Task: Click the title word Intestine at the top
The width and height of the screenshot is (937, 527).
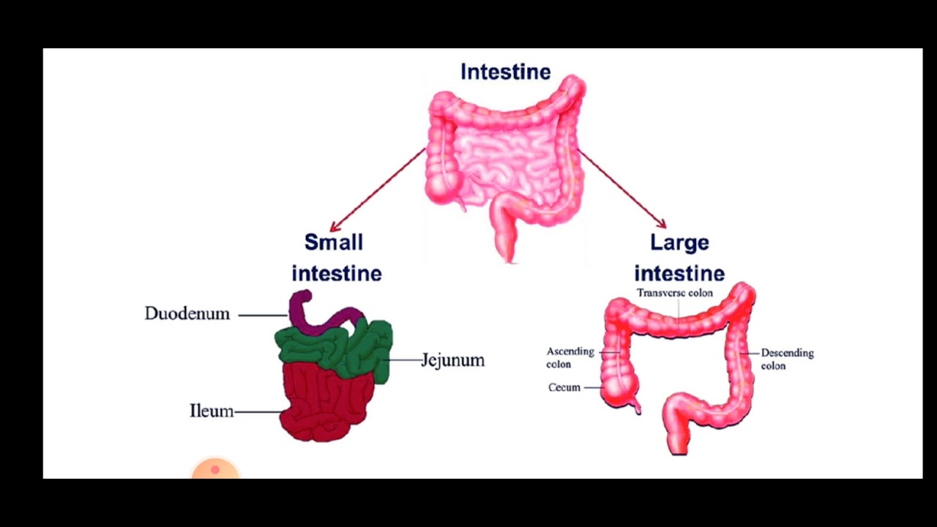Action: [505, 72]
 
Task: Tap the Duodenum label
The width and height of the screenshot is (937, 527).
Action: [187, 314]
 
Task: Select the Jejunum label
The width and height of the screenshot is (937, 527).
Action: [452, 360]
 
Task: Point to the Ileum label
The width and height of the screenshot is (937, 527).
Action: [212, 411]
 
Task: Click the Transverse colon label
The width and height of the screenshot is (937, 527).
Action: [674, 293]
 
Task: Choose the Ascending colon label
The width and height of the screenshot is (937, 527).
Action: [570, 357]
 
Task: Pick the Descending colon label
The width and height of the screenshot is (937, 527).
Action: [787, 359]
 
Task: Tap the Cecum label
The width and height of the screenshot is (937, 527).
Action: [564, 387]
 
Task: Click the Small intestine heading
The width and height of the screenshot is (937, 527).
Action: [336, 258]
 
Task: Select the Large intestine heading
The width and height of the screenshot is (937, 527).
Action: [679, 258]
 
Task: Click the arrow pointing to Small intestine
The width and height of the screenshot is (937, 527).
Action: [377, 189]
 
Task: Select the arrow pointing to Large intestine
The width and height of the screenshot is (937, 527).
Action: [622, 189]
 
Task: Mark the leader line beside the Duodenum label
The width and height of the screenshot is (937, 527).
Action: [262, 315]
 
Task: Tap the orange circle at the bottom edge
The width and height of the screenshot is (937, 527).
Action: [215, 470]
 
